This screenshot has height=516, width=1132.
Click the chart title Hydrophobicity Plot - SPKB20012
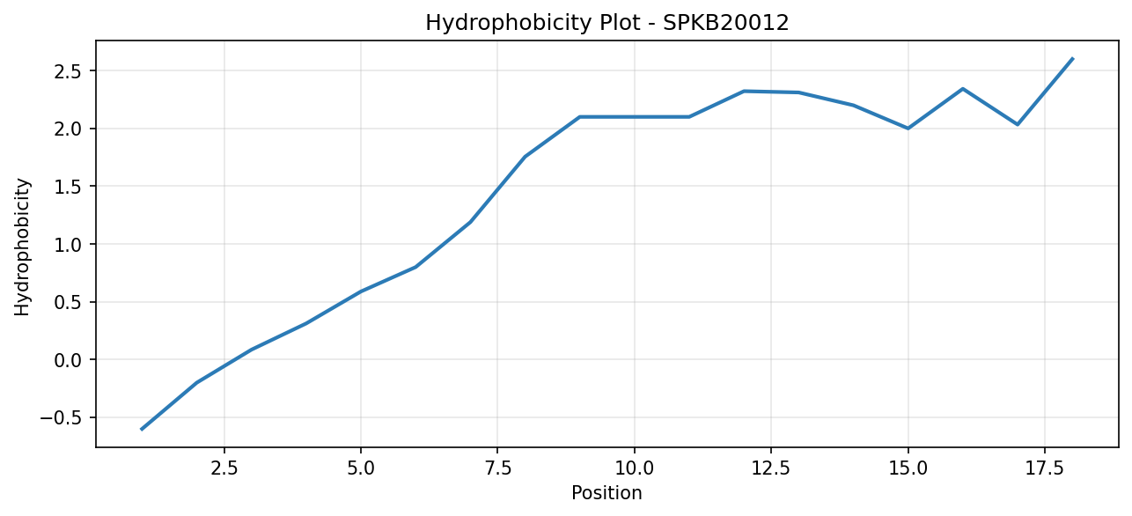[607, 23]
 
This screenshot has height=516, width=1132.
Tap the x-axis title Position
[606, 493]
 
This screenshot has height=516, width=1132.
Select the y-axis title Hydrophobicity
[22, 247]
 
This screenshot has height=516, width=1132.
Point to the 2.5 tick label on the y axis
[68, 71]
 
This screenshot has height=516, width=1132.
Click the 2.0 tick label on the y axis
[68, 129]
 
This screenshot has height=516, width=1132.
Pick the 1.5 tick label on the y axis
[68, 187]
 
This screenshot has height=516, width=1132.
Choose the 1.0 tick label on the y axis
[68, 245]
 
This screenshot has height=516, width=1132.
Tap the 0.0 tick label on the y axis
[68, 360]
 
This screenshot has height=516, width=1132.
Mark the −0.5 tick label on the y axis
[61, 418]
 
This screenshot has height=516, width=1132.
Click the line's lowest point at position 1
[142, 430]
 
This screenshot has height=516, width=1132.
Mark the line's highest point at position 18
[1072, 59]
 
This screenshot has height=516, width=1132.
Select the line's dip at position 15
[908, 129]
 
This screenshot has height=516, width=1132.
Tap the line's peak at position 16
[963, 89]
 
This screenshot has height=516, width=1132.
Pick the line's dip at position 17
[1018, 124]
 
